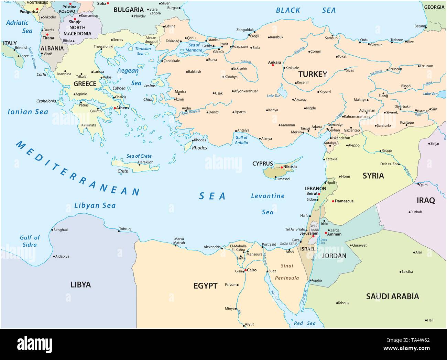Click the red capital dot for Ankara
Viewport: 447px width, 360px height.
pyautogui.click(x=273, y=65)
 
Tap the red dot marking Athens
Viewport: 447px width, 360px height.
pyautogui.click(x=115, y=108)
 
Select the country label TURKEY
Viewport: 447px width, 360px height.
pyautogui.click(x=313, y=74)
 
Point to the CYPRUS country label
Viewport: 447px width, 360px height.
pyautogui.click(x=262, y=164)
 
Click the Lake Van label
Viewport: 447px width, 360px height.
pyautogui.click(x=430, y=94)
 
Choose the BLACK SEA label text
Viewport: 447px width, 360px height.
pyautogui.click(x=306, y=10)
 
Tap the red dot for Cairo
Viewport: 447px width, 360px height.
pyautogui.click(x=245, y=270)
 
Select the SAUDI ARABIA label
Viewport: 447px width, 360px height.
pyautogui.click(x=392, y=296)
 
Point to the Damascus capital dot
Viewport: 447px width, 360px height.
pyautogui.click(x=332, y=201)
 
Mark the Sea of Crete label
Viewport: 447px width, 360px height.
pyautogui.click(x=139, y=156)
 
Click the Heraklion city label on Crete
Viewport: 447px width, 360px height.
pyautogui.click(x=145, y=162)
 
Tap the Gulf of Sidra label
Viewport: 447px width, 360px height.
pyautogui.click(x=30, y=241)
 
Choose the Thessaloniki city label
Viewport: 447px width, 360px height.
pyautogui.click(x=103, y=46)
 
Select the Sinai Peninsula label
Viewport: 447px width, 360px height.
pyautogui.click(x=287, y=271)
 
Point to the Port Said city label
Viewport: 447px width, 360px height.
pyautogui.click(x=269, y=245)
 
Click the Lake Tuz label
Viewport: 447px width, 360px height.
pyautogui.click(x=273, y=96)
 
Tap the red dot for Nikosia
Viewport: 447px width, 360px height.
pyautogui.click(x=282, y=167)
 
